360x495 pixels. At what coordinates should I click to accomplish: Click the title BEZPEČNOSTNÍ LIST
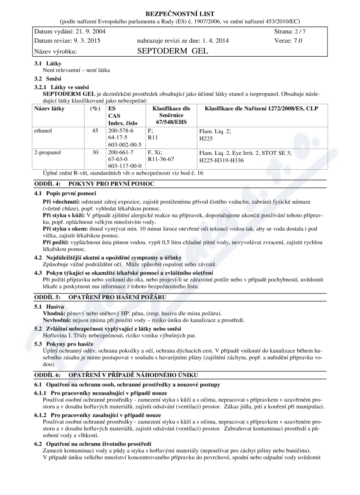point(180,13)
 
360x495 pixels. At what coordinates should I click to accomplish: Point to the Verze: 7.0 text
point(288,40)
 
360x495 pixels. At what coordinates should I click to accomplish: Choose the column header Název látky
point(49,109)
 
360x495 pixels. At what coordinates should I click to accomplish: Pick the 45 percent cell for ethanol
point(95,130)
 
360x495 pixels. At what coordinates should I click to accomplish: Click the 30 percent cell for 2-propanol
point(95,153)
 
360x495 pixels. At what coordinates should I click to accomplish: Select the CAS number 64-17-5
point(118,138)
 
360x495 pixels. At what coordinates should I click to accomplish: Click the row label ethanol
point(43,130)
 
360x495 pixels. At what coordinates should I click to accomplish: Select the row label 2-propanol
point(47,153)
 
